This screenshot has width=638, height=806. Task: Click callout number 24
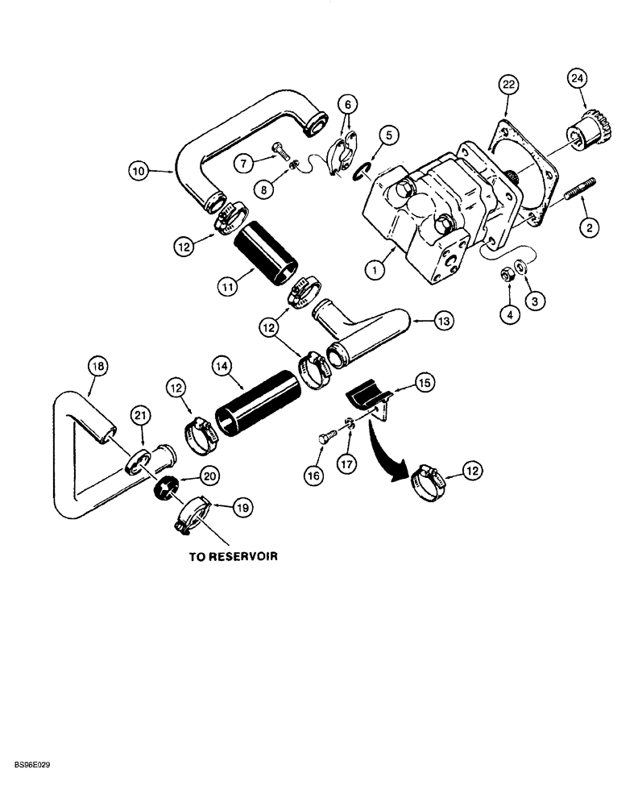[x=578, y=78]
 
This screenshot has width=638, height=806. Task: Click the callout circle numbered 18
[x=96, y=367]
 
